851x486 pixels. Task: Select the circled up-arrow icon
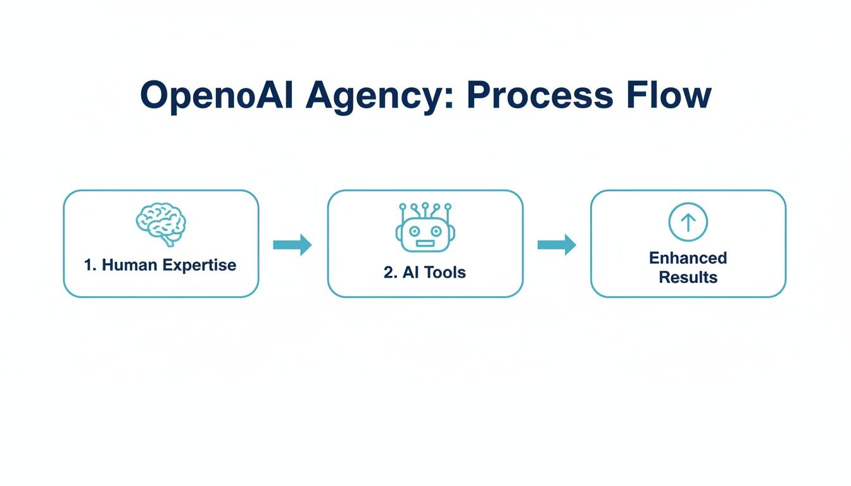(x=688, y=222)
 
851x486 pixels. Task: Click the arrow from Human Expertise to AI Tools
(x=293, y=244)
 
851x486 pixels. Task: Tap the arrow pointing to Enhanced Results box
(x=557, y=244)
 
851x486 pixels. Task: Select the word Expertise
(x=199, y=265)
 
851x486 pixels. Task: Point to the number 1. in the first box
(x=91, y=265)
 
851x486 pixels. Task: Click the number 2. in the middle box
(x=389, y=273)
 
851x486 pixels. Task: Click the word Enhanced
(x=688, y=258)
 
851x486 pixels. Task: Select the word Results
(x=688, y=277)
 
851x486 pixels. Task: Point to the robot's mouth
(x=425, y=243)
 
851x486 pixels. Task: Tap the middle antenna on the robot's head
(x=425, y=206)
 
